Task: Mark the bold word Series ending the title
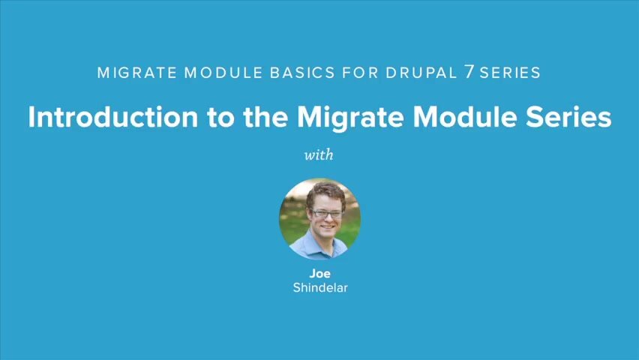point(570,118)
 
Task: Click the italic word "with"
point(319,156)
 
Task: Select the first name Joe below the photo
point(319,274)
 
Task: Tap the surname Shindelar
point(319,287)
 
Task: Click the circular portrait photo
point(319,218)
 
